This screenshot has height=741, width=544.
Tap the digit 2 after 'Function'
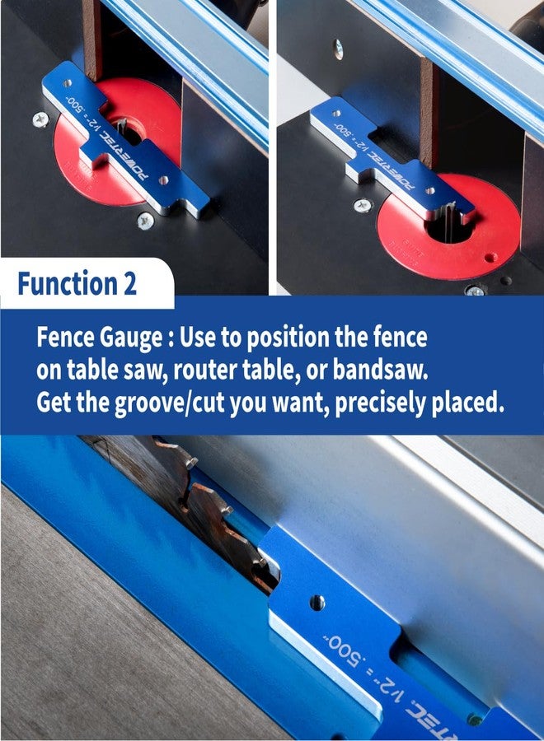(129, 284)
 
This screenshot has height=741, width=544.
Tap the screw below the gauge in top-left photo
(146, 220)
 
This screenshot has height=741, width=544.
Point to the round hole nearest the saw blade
(317, 602)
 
